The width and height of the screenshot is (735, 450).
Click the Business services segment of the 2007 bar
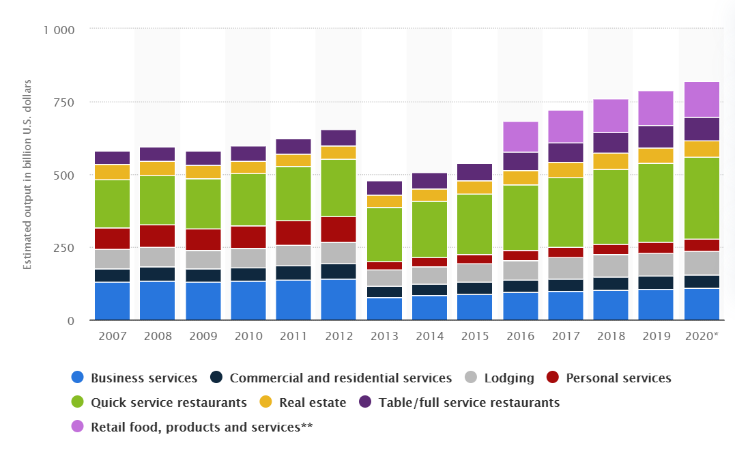click(112, 301)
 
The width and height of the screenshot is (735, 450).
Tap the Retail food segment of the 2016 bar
click(520, 137)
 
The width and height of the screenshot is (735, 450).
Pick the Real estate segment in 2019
click(656, 156)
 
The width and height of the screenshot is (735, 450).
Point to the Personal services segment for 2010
click(248, 237)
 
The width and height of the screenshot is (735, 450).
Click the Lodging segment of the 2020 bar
click(702, 263)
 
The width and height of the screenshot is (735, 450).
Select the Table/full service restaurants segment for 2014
click(429, 181)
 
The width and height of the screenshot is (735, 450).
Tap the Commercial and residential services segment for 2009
click(203, 275)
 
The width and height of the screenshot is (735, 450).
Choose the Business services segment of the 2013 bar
click(384, 309)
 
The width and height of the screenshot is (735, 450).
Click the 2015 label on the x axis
click(474, 336)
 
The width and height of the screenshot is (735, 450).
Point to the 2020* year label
click(702, 336)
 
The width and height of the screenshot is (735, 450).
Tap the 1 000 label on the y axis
click(59, 30)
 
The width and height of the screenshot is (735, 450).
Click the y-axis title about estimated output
click(28, 175)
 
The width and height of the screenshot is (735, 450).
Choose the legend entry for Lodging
click(509, 378)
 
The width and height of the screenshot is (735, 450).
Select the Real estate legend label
click(313, 403)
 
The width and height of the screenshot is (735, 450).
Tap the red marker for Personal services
click(553, 378)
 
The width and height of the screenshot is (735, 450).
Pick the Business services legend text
click(143, 378)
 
